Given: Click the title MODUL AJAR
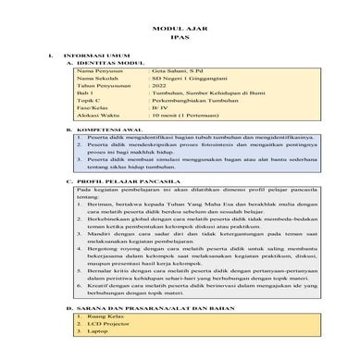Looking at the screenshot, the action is tap(179, 30).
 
